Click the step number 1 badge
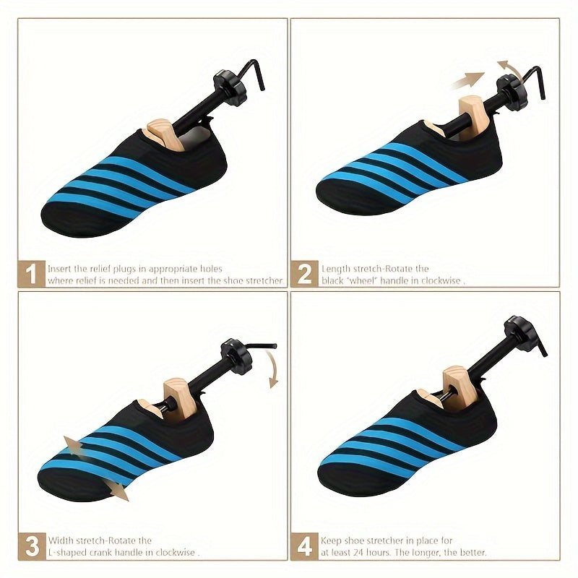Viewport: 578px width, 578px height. point(31,274)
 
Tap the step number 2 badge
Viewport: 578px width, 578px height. point(304,274)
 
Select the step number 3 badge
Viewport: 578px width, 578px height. point(32,546)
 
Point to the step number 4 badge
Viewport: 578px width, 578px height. point(304,546)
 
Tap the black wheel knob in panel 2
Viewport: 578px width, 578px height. point(512,92)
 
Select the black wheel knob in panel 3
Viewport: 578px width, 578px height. point(236,356)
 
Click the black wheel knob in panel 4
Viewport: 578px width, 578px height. point(520,335)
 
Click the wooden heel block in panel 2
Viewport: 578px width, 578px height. point(474,117)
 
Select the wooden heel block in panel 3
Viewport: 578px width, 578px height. point(178,399)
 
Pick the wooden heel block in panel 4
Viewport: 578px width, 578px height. point(461,387)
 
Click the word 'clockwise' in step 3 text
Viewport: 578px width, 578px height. point(175,553)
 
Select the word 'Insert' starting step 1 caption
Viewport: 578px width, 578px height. point(59,269)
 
